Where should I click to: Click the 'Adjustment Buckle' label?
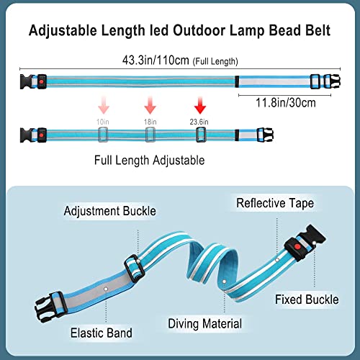pos(110,211)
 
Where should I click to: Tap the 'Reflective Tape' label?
pos(275,203)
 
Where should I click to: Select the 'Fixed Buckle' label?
pos(307,300)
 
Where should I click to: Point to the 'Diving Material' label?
pos(204,324)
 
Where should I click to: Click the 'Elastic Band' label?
pos(102,333)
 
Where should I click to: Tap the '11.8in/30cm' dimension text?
pos(286,103)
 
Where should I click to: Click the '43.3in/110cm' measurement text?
pos(156,60)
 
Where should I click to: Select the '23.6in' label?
pos(199,122)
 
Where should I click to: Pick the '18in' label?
pos(150,122)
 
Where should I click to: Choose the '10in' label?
pos(103,122)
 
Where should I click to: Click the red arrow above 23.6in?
pos(200,105)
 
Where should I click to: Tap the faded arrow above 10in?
pos(104,105)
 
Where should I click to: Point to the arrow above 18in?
pos(150,105)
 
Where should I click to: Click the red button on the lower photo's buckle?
pos(297,247)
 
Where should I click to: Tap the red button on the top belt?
pos(42,82)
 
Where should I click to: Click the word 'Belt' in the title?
pos(318,30)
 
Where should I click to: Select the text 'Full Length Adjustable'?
pos(149,161)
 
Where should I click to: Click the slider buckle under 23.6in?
pos(201,135)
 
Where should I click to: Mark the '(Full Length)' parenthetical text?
pos(215,61)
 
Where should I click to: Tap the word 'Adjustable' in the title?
pos(63,31)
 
